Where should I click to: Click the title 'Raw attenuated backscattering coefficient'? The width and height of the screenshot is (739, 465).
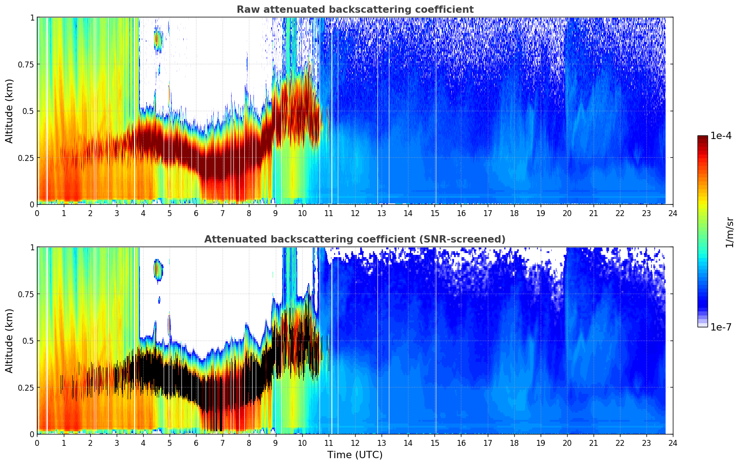coord(355,10)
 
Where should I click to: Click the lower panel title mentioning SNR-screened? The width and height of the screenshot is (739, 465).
coord(355,239)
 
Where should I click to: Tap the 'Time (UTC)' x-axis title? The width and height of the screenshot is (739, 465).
coord(355,455)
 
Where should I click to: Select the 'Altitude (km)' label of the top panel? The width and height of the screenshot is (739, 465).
coord(10,111)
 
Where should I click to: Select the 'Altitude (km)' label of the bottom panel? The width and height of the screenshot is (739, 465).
coord(10,341)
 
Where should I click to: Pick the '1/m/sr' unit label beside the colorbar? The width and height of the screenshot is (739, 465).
coord(729,232)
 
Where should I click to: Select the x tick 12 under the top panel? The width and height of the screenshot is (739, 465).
coord(355,213)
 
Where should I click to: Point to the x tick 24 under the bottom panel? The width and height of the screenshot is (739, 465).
coord(672,443)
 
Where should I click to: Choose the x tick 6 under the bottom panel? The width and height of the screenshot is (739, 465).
coord(196,443)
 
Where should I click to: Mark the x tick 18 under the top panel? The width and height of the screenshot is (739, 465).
coord(514,213)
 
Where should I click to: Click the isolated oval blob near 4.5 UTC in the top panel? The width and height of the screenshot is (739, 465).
coord(158,40)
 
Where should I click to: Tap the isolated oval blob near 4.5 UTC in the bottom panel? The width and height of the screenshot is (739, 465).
coord(158,270)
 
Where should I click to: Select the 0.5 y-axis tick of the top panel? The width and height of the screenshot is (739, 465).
coord(28,111)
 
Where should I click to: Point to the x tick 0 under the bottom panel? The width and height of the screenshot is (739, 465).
coord(37,443)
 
